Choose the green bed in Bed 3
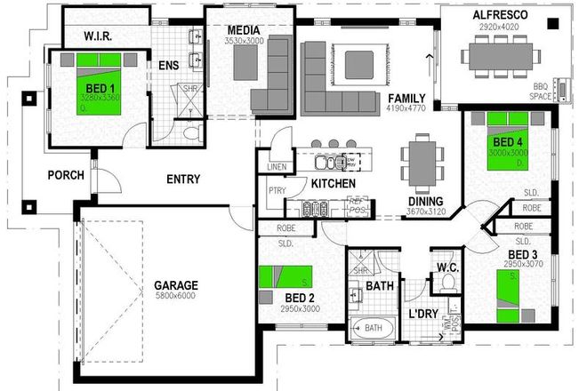[x=515, y=293]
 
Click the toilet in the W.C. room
[x=447, y=283]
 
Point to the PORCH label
[x=66, y=175]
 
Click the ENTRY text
[x=183, y=179]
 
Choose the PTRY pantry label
[x=274, y=192]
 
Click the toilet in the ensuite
[x=192, y=134]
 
